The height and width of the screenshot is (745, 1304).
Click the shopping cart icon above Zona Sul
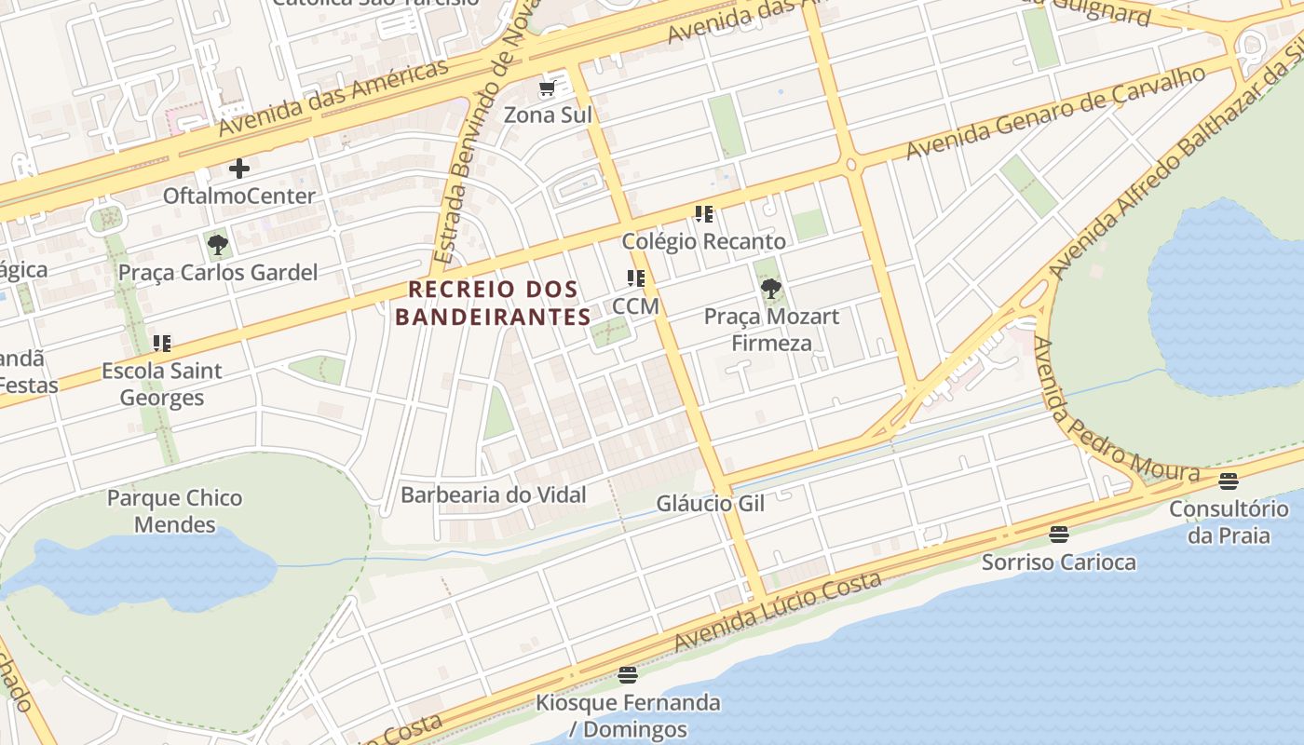point(548,88)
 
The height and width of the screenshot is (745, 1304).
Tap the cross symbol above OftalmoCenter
point(239,169)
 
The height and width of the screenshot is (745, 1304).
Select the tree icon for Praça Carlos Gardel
point(218,246)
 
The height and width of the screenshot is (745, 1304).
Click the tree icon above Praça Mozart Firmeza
point(770,289)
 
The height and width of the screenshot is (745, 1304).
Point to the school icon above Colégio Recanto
point(704,214)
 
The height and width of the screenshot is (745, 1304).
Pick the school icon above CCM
point(636,278)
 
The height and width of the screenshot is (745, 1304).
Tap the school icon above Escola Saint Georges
point(162,344)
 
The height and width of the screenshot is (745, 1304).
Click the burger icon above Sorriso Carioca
point(1058,535)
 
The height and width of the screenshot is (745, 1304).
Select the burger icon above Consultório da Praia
point(1229,481)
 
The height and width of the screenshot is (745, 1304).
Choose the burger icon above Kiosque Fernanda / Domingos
point(628,674)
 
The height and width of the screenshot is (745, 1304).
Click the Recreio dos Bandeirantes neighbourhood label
point(493,303)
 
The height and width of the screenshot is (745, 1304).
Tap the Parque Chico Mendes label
point(174,511)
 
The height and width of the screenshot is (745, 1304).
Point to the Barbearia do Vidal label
point(494,494)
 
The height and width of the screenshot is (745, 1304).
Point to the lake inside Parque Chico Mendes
point(140,568)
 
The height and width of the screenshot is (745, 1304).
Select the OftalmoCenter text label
point(239,196)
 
